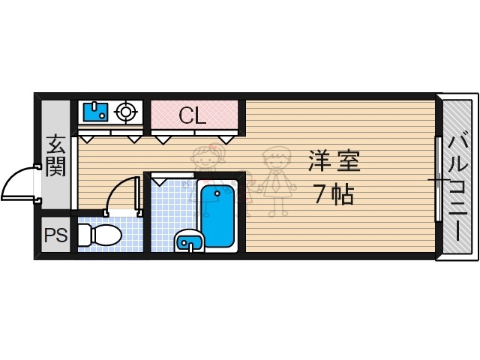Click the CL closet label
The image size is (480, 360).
coord(194,115)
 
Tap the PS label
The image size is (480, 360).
coord(55,235)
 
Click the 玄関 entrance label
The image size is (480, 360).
coord(55,154)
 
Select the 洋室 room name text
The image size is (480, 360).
coord(334,161)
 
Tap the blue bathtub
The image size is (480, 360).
coord(217,214)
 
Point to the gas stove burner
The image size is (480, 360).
coord(126,112)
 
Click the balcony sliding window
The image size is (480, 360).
coord(436,180)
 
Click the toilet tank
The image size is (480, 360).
coord(83,235)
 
